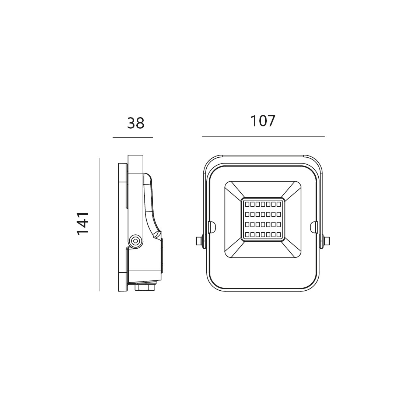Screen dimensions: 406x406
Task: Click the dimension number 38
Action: coord(136,123)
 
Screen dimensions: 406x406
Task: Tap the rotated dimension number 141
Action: coord(83,224)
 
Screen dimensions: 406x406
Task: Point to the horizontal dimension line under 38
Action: coord(133,137)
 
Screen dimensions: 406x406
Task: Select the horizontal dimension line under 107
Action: coord(263,136)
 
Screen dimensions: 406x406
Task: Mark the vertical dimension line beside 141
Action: coord(99,224)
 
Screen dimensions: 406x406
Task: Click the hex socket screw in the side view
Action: coord(136,241)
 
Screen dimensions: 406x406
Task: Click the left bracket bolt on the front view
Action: coord(199,241)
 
